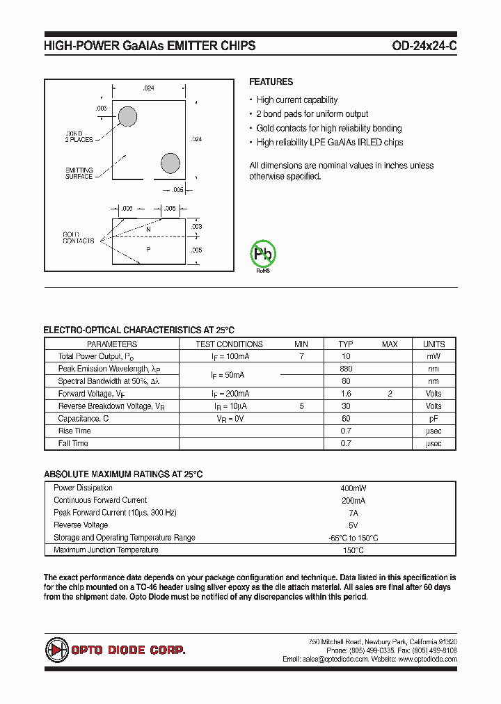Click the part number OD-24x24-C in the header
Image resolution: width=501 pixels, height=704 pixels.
[424, 46]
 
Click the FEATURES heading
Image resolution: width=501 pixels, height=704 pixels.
[271, 81]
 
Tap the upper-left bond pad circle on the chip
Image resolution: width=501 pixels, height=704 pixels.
[127, 116]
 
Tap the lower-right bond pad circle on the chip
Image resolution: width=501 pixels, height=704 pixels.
[170, 163]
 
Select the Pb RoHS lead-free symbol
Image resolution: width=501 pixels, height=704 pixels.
[264, 255]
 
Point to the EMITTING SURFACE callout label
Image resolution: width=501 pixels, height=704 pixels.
[79, 173]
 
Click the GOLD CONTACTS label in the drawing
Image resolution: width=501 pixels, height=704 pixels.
[78, 237]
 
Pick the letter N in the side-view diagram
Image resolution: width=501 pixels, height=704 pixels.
[148, 228]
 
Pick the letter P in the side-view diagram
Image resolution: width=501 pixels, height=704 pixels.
[148, 248]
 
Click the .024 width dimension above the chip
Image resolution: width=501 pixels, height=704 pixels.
[148, 88]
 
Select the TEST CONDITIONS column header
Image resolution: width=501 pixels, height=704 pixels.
[229, 344]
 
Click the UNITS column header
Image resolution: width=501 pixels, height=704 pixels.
[434, 344]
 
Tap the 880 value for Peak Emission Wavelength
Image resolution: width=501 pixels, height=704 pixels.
[346, 369]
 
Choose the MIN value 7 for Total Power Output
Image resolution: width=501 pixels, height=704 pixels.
[301, 356]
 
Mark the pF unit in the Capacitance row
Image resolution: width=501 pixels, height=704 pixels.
[434, 419]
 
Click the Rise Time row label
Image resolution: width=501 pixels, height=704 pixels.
[74, 431]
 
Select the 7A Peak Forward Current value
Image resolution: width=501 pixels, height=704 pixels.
[353, 513]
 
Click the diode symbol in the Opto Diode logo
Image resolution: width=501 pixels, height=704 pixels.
[55, 650]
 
